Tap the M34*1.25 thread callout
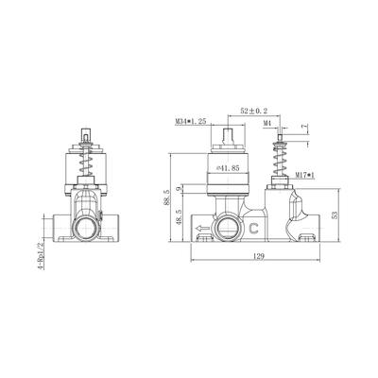click(x=192, y=122)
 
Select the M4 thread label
click(x=267, y=122)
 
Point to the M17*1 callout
click(x=305, y=175)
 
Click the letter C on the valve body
click(x=254, y=228)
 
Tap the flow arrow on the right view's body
click(x=201, y=228)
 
